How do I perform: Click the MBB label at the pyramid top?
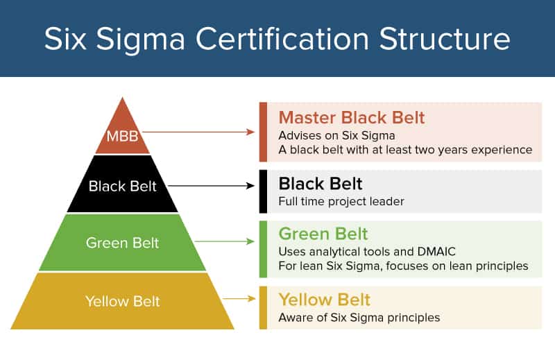123,135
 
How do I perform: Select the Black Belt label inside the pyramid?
122,186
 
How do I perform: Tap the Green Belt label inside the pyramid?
122,243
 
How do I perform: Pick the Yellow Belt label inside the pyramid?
122,301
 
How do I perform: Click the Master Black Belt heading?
352,117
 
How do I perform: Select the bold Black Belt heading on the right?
321,184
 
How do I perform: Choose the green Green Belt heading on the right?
323,233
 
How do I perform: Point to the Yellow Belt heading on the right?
325,300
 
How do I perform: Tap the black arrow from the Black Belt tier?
212,185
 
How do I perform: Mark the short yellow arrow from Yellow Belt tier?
240,298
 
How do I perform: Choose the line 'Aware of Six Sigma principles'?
359,318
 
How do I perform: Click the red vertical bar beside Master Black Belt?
263,132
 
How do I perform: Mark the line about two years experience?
405,149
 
